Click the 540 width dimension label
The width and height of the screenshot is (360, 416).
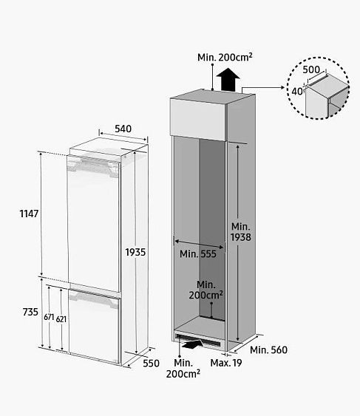[x=123, y=129]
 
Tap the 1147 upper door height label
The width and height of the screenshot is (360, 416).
[x=30, y=214]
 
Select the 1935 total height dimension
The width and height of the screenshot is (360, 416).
[x=135, y=252]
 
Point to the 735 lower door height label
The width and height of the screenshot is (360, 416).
[x=30, y=312]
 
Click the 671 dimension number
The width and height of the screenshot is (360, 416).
[x=49, y=317]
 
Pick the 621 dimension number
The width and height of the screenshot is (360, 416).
[x=61, y=319]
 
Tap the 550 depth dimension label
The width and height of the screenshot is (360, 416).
[x=151, y=364]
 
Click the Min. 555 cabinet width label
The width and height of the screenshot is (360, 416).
[x=198, y=254]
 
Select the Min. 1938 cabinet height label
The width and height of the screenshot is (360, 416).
[x=241, y=232]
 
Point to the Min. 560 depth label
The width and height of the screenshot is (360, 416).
[x=268, y=350]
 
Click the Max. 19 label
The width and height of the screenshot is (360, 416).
[x=226, y=363]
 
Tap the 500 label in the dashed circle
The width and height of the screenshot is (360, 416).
[x=311, y=69]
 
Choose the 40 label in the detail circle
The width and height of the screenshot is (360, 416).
[x=297, y=92]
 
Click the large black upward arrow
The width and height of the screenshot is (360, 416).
[x=228, y=79]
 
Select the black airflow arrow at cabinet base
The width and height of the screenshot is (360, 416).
[x=191, y=344]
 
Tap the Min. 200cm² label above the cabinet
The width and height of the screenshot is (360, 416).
[x=225, y=57]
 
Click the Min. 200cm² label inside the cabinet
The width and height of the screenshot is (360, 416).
[x=206, y=290]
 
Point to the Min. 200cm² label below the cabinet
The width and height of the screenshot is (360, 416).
[x=183, y=368]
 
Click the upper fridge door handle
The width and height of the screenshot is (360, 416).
[x=92, y=166]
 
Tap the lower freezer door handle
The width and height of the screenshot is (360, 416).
[x=93, y=299]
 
